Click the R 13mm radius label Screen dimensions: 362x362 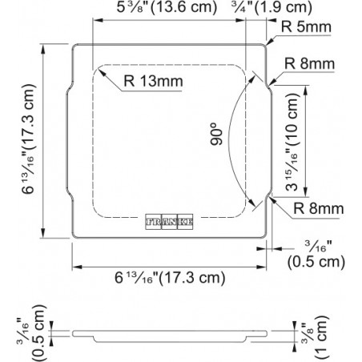pyautogui.click(x=153, y=81)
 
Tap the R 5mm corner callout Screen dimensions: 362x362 pyautogui.click(x=306, y=27)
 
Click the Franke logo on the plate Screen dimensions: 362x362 pyautogui.click(x=169, y=222)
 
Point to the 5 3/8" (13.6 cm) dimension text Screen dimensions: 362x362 pyautogui.click(x=167, y=7)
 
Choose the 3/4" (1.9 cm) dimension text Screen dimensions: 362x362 pyautogui.click(x=271, y=7)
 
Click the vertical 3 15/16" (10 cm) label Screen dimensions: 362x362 pyautogui.click(x=292, y=142)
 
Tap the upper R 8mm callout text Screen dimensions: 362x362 pyautogui.click(x=309, y=64)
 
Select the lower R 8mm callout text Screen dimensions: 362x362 pyautogui.click(x=319, y=208)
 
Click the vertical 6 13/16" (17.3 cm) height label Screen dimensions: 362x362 pyautogui.click(x=29, y=139)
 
